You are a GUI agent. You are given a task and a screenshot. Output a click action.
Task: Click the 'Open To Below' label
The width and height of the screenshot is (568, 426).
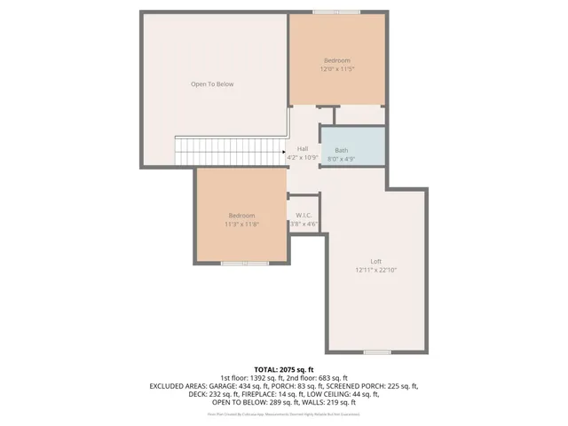[x=212, y=84]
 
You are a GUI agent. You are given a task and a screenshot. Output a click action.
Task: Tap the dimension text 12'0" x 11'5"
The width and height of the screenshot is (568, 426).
[x=336, y=68]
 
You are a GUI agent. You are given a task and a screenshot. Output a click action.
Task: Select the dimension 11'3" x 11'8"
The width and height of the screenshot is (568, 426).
[x=241, y=224]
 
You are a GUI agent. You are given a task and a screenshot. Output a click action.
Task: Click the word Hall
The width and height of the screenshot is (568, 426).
[x=303, y=148]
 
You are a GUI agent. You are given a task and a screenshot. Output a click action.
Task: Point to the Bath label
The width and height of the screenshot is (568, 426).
[x=341, y=151]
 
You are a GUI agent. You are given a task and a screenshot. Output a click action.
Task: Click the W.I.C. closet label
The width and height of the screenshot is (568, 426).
[x=304, y=216]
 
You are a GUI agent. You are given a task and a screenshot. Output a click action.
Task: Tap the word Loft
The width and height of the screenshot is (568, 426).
[x=375, y=261]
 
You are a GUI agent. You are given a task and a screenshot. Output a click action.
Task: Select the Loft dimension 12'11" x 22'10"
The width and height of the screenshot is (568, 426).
[x=375, y=270]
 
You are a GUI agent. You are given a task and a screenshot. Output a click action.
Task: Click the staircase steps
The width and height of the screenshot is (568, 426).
[x=227, y=151]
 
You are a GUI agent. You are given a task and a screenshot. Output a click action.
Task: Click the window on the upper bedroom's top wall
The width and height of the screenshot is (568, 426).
[x=336, y=12]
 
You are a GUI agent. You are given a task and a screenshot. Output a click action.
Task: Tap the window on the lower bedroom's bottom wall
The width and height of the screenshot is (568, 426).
[x=245, y=263]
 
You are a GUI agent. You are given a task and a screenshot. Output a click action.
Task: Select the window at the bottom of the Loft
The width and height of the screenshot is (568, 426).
[x=376, y=351]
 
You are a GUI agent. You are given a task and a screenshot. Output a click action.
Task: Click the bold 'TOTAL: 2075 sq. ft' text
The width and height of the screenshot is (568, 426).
[x=284, y=369]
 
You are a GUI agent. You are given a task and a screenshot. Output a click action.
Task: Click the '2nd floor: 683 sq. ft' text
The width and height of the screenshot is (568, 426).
[x=318, y=378]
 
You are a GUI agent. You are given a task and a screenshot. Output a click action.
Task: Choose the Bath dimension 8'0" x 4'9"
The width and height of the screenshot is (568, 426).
[x=341, y=159]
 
